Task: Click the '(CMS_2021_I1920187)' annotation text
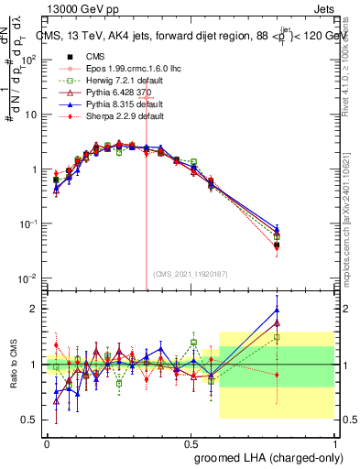190,273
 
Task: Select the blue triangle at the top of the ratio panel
277,309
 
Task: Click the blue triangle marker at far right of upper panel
277,227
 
